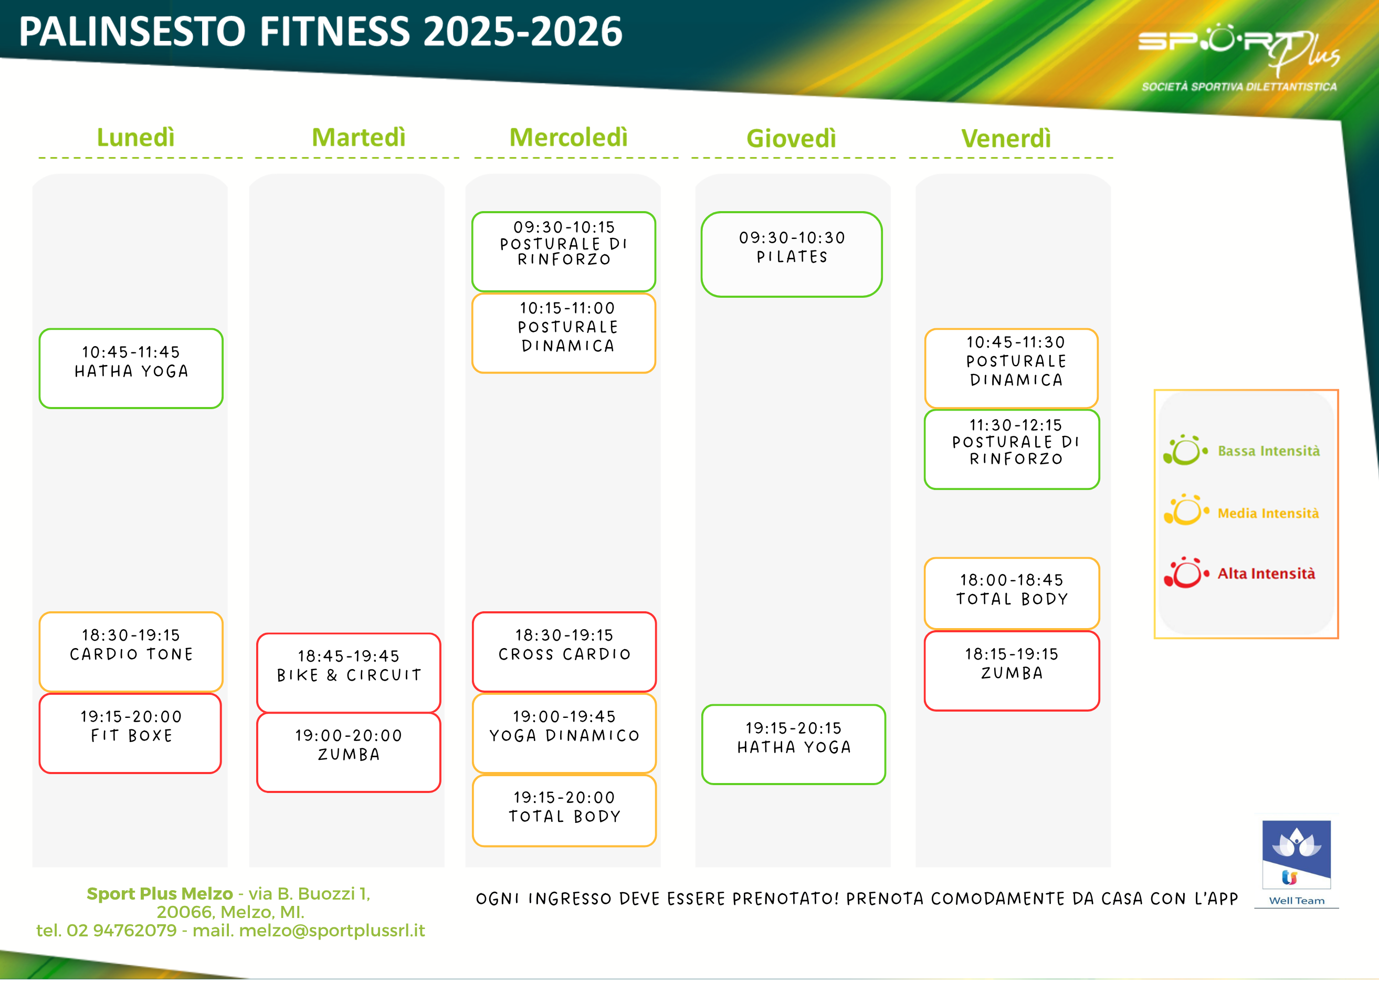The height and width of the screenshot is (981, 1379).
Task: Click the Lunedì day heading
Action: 136,138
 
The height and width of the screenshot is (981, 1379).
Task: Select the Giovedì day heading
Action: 791,138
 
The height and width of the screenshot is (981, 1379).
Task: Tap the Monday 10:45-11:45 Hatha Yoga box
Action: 131,369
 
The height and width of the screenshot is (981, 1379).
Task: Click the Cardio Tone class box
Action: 131,652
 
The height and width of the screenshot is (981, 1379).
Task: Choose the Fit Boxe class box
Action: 130,733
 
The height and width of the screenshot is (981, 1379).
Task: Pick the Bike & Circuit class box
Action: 349,672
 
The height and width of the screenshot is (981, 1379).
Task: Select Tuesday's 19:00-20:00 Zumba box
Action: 349,753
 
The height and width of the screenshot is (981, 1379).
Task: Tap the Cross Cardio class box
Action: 564,652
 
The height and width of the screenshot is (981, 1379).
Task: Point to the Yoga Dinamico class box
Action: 564,733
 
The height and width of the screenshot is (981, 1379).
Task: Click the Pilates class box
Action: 792,254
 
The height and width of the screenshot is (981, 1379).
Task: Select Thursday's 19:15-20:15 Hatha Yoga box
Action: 793,744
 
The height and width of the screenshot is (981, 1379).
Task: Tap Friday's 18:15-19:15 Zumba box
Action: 1012,671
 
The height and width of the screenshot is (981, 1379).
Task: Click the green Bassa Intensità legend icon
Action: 1185,450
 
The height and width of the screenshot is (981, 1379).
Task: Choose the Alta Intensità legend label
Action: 1266,573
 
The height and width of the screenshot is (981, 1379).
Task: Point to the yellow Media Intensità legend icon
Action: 1186,510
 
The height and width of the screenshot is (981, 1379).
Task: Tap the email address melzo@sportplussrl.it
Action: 332,930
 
